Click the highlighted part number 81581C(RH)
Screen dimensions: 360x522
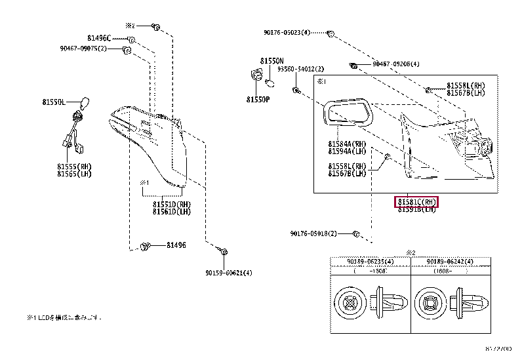[416, 201]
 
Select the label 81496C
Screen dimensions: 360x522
[100, 39]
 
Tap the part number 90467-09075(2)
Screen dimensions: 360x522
[83, 48]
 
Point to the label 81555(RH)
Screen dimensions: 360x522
[74, 167]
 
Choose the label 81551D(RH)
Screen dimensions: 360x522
[171, 204]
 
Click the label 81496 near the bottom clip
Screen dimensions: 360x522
[176, 245]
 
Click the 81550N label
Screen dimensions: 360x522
[271, 61]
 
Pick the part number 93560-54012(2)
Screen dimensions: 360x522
[300, 69]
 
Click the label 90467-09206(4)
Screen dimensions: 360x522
[396, 64]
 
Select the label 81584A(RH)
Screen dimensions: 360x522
[348, 143]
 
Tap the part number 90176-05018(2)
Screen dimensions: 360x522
[313, 233]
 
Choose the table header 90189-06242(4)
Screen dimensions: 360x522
[451, 261]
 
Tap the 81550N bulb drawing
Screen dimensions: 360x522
[270, 81]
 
